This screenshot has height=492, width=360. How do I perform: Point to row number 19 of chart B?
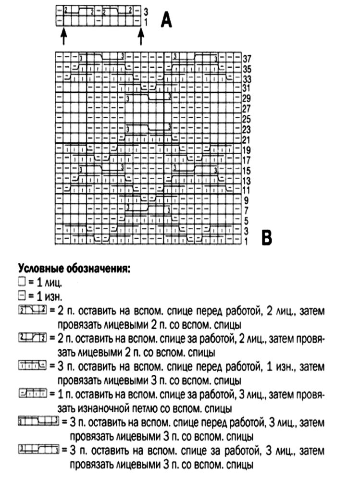[x=247, y=150]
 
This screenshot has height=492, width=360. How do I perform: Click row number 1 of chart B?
[x=246, y=240]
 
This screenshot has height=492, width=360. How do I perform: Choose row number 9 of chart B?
[x=246, y=200]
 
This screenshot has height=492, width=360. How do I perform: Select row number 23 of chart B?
[x=247, y=129]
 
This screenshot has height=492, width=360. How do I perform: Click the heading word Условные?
[x=40, y=268]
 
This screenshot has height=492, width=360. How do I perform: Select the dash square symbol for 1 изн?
[x=21, y=294]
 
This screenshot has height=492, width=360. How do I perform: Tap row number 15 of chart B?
[x=247, y=170]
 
